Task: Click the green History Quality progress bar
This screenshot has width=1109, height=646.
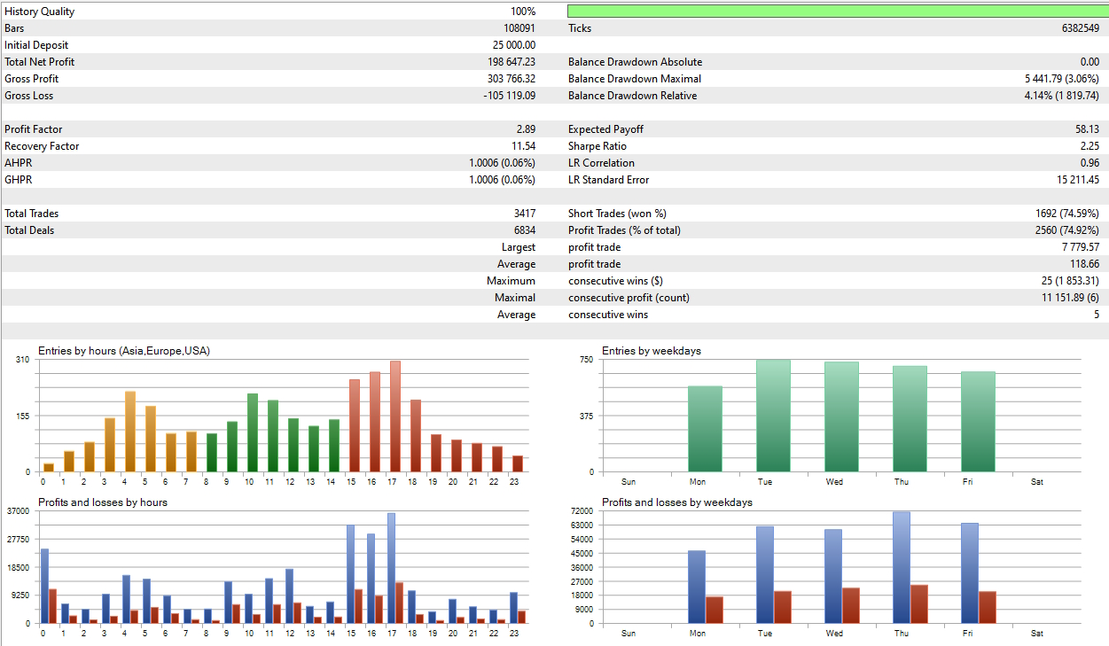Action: [837, 12]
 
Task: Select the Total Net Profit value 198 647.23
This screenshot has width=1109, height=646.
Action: [505, 62]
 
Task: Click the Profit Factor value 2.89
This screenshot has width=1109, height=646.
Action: [526, 129]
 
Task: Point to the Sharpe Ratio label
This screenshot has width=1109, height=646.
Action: [597, 146]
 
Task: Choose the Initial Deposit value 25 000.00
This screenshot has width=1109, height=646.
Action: [513, 45]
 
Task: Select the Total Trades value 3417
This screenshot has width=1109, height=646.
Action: [522, 214]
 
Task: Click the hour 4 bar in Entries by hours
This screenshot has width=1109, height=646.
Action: [130, 432]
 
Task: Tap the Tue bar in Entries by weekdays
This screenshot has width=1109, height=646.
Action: [773, 416]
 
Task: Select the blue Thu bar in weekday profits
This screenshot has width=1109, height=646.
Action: [902, 567]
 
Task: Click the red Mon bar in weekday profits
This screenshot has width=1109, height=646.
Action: [715, 610]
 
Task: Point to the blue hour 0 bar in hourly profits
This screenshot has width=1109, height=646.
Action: [44, 586]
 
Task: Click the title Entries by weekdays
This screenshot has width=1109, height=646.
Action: [651, 351]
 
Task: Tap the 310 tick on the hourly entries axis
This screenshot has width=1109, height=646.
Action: [22, 360]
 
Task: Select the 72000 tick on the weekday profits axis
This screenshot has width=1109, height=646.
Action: [581, 511]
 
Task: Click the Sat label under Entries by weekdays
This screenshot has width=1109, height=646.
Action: [1037, 482]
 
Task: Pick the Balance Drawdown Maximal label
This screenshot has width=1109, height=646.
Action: [634, 79]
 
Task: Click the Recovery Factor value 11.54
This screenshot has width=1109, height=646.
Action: [522, 146]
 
